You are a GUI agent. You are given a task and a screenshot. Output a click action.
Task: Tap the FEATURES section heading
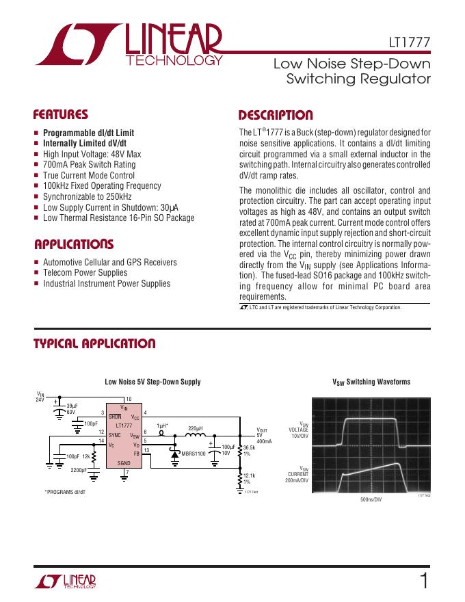point(61,115)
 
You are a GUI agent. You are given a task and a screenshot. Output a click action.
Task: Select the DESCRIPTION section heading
point(275,115)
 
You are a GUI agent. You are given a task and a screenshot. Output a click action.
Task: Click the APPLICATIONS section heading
point(74,244)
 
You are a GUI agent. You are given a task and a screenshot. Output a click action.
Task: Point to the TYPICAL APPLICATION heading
point(94,344)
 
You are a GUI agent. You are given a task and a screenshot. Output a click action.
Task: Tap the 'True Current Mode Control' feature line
point(89,175)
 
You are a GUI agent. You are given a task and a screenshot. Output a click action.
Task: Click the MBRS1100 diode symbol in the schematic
point(175,452)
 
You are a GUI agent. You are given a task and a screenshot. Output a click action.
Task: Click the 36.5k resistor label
point(249,448)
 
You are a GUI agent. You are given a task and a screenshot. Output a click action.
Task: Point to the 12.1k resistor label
point(249,476)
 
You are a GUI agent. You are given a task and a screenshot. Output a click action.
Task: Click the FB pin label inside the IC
point(136,453)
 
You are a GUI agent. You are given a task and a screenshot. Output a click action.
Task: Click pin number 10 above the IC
point(128,400)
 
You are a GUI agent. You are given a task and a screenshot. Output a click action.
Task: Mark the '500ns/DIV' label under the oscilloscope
point(371,500)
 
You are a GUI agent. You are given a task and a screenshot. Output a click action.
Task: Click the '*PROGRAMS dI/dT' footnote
point(66,492)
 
